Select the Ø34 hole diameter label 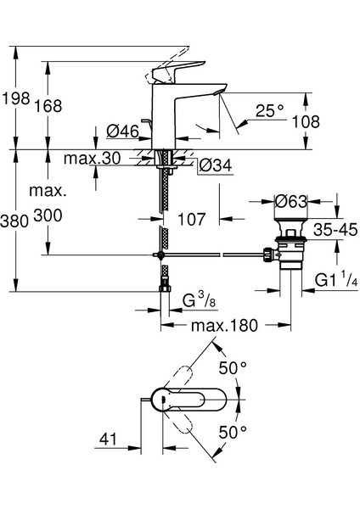pyautogui.click(x=215, y=165)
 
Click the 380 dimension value pyautogui.click(x=15, y=221)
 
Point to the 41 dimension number pyautogui.click(x=107, y=441)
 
